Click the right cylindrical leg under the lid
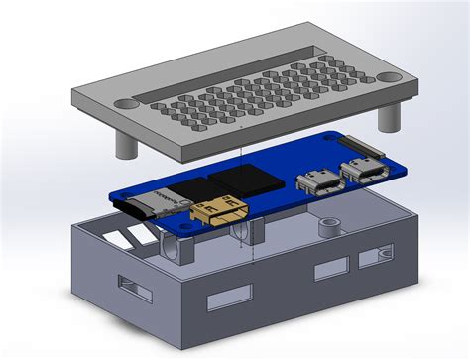click(x=388, y=117)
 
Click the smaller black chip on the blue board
click(x=193, y=188)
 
